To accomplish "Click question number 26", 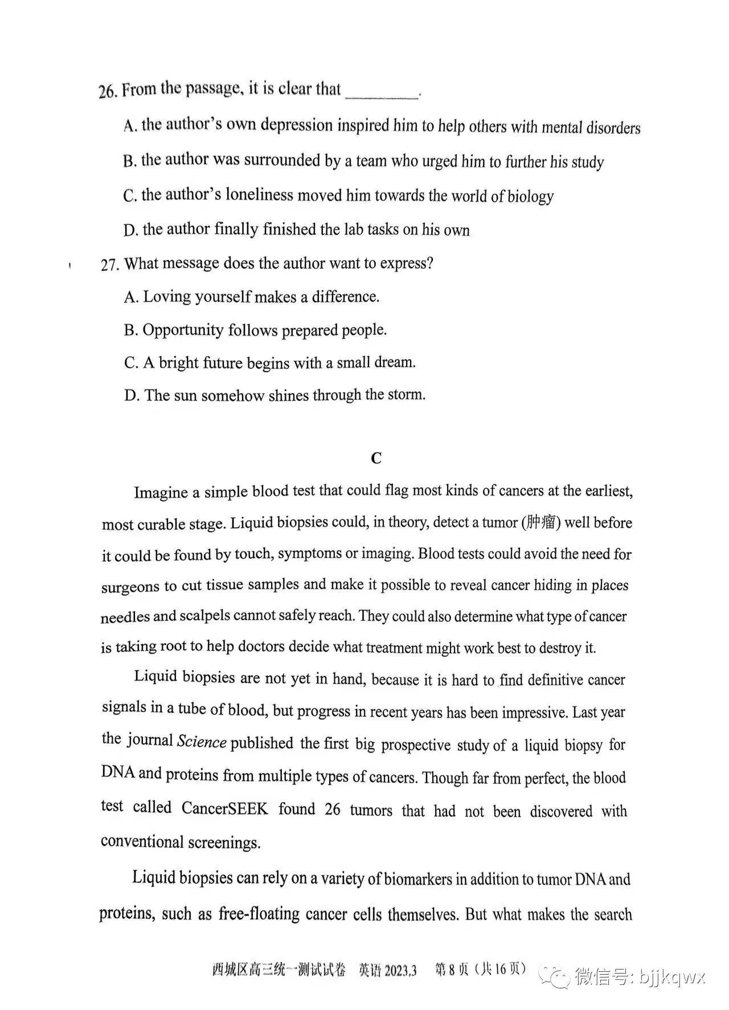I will [108, 91].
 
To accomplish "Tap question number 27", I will [110, 265].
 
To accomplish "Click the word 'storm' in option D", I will [406, 395].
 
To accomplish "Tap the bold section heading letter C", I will [376, 458].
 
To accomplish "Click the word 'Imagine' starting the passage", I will [161, 492].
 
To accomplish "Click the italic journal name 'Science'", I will [202, 742].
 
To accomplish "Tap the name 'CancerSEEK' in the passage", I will [224, 808].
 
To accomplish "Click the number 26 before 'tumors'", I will [332, 809].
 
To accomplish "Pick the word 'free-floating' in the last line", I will [259, 914].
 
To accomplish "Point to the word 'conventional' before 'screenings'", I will [142, 842].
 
